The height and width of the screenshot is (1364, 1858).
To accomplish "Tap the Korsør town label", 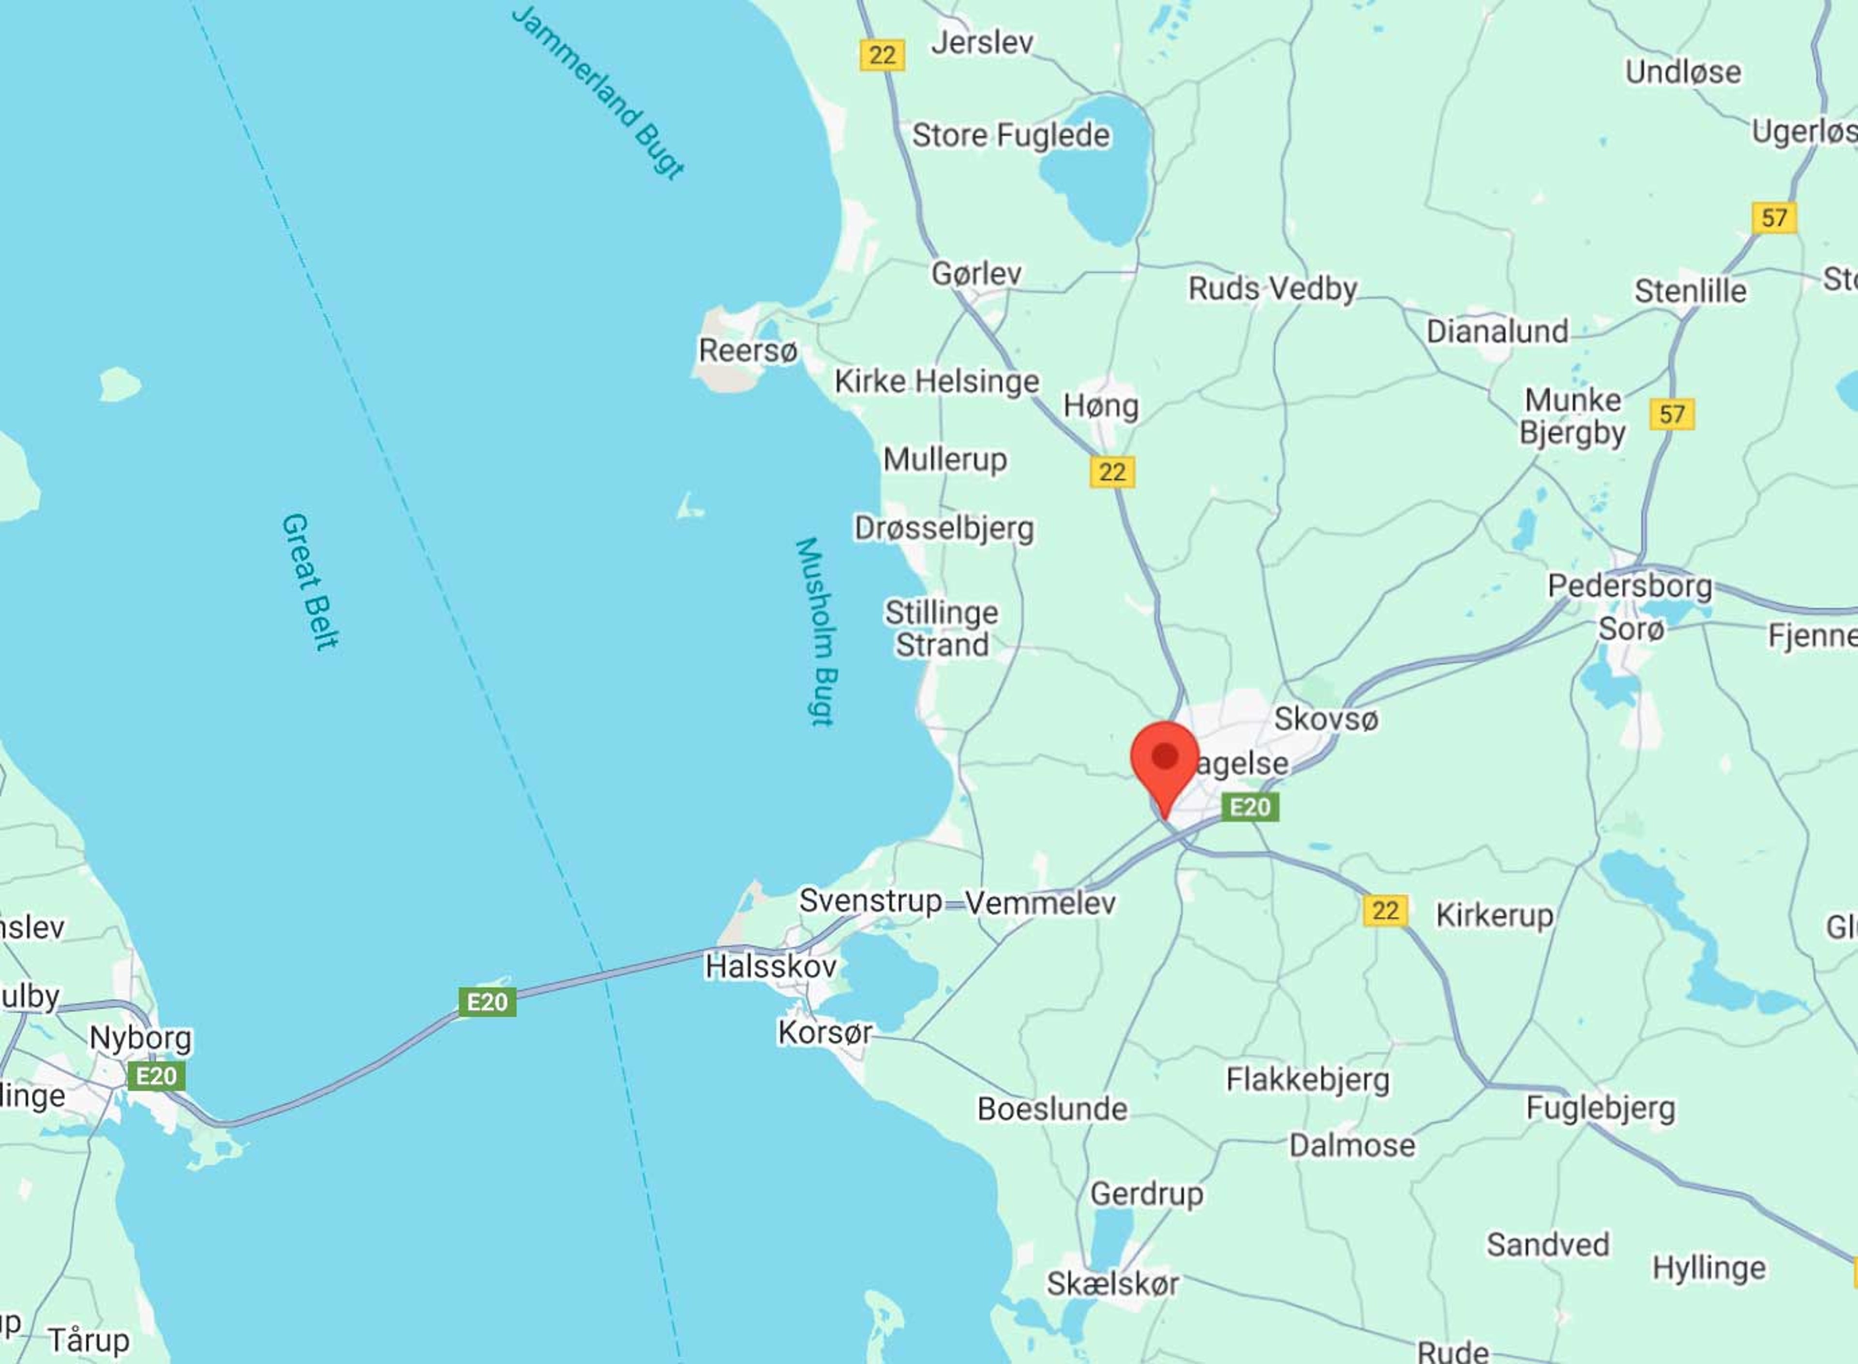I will (824, 1032).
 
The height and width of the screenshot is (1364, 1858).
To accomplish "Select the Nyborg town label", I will (140, 1038).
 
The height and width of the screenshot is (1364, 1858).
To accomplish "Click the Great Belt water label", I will (310, 582).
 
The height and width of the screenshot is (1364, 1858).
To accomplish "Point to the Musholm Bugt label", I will (818, 632).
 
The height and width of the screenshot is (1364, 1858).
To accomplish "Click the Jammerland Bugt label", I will (599, 91).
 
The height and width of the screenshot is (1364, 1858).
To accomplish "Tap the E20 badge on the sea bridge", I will (487, 1002).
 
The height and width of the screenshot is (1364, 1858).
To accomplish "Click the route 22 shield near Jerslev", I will (882, 55).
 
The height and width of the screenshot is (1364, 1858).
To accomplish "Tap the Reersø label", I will (748, 351).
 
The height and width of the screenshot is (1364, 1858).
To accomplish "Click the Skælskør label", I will (1112, 1284).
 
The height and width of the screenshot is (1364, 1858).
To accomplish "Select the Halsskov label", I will (770, 966).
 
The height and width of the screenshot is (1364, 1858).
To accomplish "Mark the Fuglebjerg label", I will (1601, 1108).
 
